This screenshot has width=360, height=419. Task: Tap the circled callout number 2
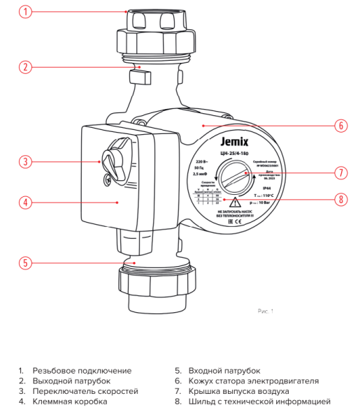click(25, 68)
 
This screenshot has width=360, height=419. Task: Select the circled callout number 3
click(25, 161)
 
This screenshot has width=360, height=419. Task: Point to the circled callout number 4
click(25, 203)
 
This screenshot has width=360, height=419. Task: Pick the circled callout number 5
click(25, 263)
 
